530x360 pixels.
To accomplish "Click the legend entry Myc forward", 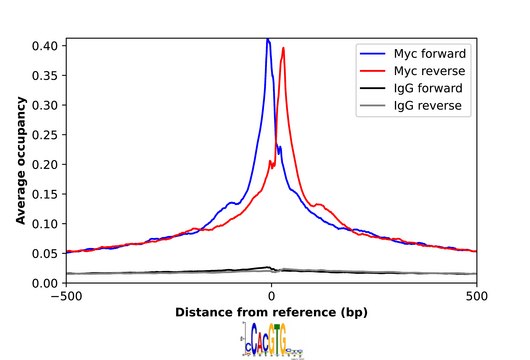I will pyautogui.click(x=429, y=53).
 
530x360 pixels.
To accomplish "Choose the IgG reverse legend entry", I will pyautogui.click(x=429, y=105).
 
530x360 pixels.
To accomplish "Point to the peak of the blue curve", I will pyautogui.click(x=268, y=40).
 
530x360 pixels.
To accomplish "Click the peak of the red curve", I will pyautogui.click(x=284, y=48).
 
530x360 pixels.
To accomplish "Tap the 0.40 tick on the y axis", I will pyautogui.click(x=44, y=46).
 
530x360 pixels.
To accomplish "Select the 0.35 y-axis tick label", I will pyautogui.click(x=44, y=76).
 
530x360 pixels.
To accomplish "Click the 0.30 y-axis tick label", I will pyautogui.click(x=44, y=105).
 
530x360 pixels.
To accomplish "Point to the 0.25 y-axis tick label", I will pyautogui.click(x=44, y=135).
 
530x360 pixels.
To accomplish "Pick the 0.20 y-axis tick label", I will pyautogui.click(x=44, y=164).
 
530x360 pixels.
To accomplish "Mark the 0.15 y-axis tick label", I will pyautogui.click(x=44, y=194).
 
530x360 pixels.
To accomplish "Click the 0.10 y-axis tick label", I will pyautogui.click(x=44, y=223).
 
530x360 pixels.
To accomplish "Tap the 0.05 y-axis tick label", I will pyautogui.click(x=44, y=253).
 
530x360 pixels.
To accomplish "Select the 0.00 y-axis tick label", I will pyautogui.click(x=44, y=283).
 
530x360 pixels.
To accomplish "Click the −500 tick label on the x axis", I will pyautogui.click(x=66, y=297).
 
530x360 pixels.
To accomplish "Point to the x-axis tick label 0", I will pyautogui.click(x=271, y=297).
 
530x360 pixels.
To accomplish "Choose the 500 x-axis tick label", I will pyautogui.click(x=477, y=297).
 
